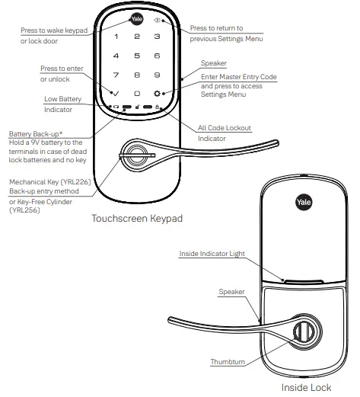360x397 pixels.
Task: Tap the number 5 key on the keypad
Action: pos(136,56)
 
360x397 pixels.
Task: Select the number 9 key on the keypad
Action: pos(157,75)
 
